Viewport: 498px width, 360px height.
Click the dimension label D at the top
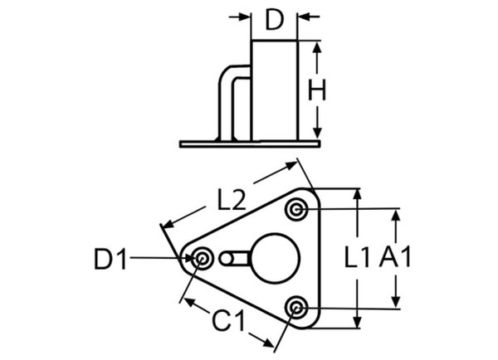coord(274,20)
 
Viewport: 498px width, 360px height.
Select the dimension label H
coord(317,90)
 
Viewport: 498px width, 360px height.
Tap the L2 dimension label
coord(232,199)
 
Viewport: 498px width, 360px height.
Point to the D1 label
coord(110,259)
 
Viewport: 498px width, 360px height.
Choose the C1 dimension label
coord(229,320)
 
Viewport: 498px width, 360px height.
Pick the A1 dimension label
coord(395,257)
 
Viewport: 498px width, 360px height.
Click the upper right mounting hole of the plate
coord(296,210)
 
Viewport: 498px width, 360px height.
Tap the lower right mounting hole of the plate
coord(296,307)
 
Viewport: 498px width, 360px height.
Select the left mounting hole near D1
coord(201,259)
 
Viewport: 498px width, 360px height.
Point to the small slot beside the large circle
coord(234,258)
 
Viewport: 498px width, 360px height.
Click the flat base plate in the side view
coord(250,144)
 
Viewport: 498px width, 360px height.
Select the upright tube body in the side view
coord(275,90)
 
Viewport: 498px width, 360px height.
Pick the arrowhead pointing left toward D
coord(305,17)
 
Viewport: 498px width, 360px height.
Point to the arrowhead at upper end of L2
coord(291,165)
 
